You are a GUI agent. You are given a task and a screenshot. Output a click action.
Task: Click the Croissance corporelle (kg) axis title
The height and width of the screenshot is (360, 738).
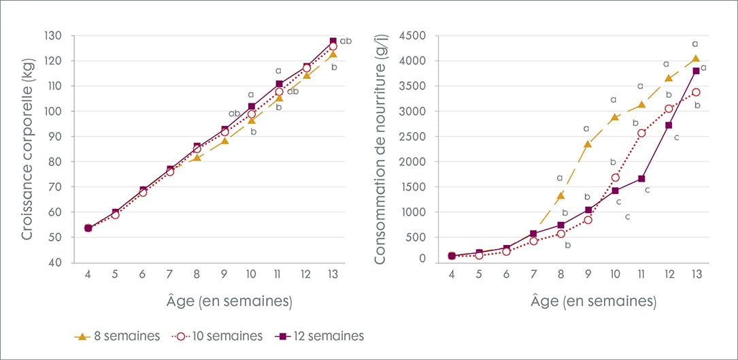pos(28,148)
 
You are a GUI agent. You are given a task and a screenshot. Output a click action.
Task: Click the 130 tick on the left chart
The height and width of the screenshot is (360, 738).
pos(54,35)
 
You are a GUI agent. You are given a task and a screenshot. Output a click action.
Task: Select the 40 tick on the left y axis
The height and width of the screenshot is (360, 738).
pos(56,263)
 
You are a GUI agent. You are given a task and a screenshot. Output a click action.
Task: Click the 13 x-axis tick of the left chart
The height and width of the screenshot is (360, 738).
pos(333,274)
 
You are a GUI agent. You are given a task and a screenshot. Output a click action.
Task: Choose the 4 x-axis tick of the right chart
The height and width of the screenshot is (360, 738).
pos(452,274)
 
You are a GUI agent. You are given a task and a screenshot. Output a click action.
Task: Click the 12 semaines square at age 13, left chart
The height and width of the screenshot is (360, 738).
pos(333,42)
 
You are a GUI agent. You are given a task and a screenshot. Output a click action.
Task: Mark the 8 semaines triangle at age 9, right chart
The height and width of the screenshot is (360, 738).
pos(588,144)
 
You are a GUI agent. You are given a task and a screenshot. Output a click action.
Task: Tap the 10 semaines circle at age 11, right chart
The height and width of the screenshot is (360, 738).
pos(642,133)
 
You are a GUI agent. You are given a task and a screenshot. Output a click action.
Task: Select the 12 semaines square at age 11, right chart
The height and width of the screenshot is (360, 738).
pos(642,179)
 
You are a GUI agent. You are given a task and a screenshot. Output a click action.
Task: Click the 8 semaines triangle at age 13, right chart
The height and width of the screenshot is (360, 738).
pos(696,59)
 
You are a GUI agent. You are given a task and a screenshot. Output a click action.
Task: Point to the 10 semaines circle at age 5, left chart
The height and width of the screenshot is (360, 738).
pos(115,215)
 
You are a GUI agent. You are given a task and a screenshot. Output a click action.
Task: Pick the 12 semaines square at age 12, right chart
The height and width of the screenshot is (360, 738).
pos(669,125)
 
